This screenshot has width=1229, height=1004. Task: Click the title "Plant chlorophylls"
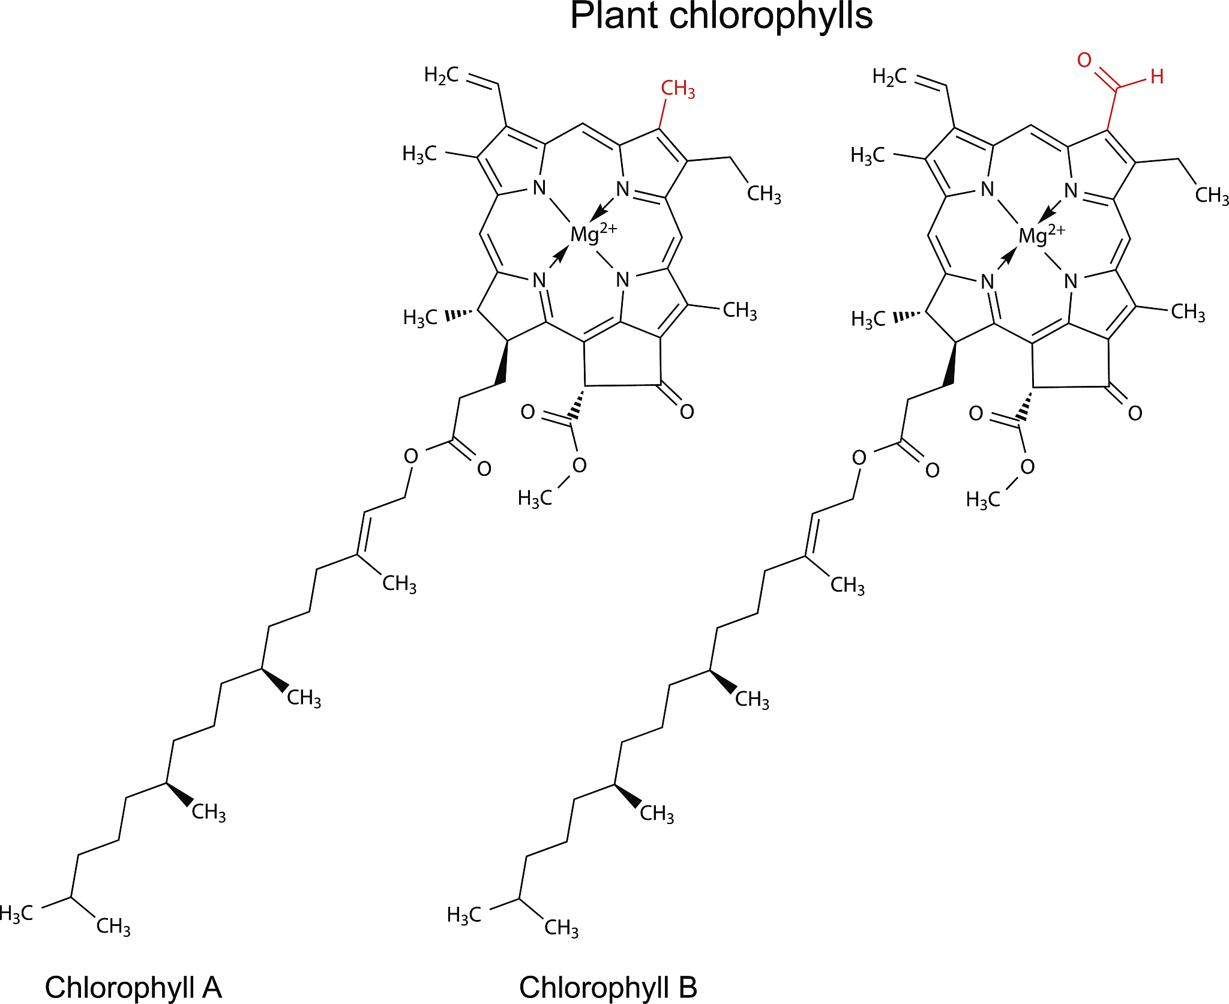tap(721, 16)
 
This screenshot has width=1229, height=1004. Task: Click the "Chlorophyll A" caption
tap(133, 987)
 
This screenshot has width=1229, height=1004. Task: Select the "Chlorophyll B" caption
tap(608, 987)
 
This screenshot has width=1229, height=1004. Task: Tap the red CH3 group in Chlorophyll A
tap(678, 89)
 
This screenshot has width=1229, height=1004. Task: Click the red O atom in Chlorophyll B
tap(1084, 60)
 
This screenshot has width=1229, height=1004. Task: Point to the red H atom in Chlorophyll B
tap(1157, 77)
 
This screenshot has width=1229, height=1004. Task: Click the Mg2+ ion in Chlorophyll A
tap(593, 233)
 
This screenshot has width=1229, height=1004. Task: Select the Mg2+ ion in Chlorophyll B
tap(1042, 235)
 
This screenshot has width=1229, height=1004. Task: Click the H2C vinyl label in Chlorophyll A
tap(441, 75)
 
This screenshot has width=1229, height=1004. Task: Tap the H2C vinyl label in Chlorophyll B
tap(889, 77)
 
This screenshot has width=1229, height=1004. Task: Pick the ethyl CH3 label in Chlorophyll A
tap(764, 194)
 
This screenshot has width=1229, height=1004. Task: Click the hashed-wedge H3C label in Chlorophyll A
tap(420, 317)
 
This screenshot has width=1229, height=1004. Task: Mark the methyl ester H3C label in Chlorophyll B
tap(983, 500)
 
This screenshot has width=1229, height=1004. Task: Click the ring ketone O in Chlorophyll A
tap(687, 412)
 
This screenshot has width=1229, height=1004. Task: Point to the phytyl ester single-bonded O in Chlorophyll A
tap(410, 456)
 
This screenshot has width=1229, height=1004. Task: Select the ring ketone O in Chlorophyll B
tap(1135, 413)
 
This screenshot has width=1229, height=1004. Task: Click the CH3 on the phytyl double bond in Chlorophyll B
tap(847, 585)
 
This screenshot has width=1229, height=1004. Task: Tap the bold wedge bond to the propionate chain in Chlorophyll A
tap(503, 362)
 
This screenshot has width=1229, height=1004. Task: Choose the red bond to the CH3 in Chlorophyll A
tap(663, 113)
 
